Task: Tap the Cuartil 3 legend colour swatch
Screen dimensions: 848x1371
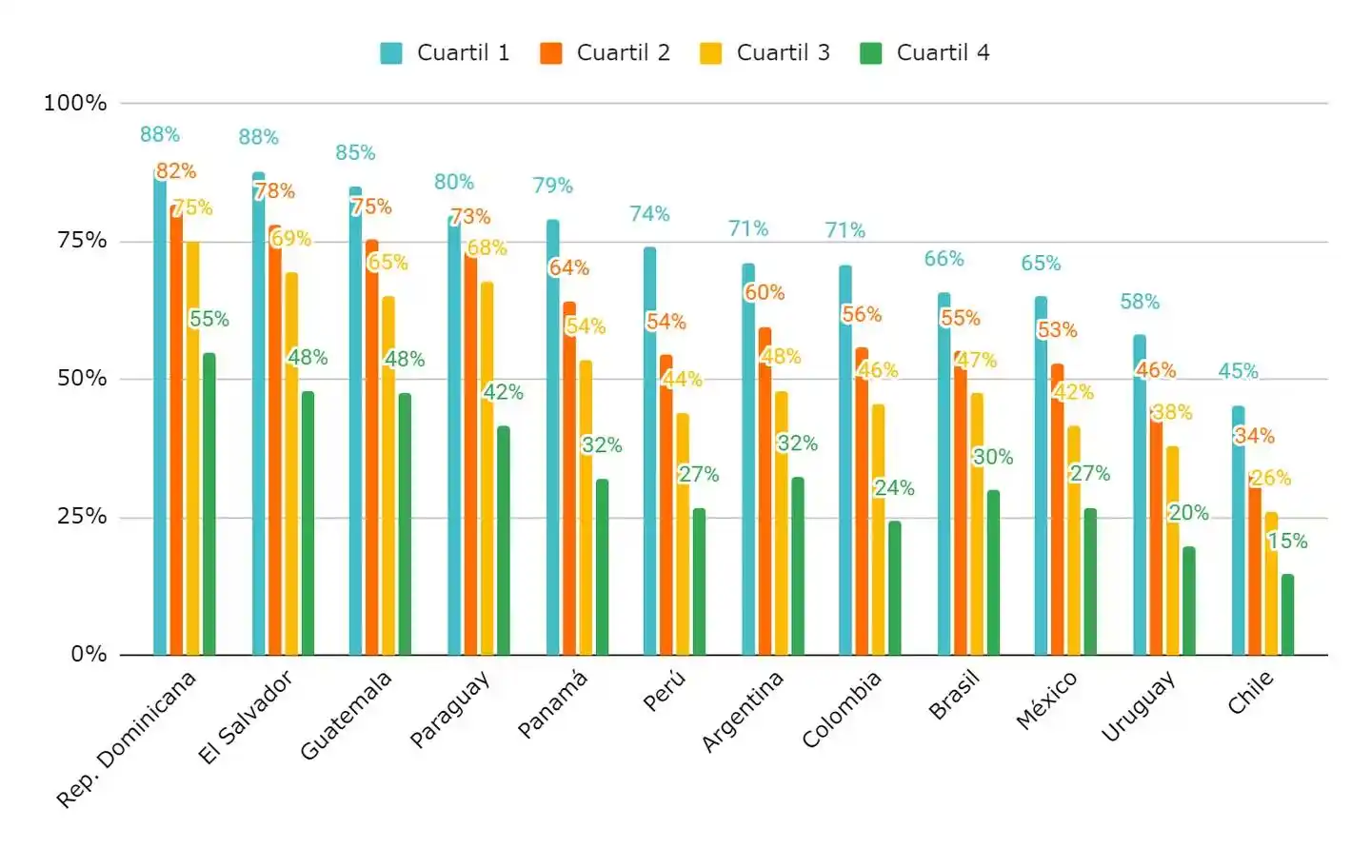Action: coord(710,53)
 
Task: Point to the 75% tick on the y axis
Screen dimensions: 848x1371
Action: coord(82,241)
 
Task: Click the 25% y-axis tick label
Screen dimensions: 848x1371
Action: coord(82,517)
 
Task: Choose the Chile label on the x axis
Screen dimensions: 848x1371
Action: coord(1250,692)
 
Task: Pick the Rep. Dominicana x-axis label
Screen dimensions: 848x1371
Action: coord(127,739)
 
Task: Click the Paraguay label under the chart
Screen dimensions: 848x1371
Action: coord(449,709)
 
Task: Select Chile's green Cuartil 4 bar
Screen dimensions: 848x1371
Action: coord(1287,615)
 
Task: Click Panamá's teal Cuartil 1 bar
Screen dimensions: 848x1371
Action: coord(553,438)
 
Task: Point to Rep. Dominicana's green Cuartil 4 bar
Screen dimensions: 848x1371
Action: coord(209,504)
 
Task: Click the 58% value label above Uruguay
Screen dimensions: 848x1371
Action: coord(1140,302)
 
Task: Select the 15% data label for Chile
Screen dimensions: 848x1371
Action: coord(1287,541)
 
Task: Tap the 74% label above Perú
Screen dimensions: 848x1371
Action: coord(649,214)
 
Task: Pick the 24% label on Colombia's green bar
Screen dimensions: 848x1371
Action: coord(894,488)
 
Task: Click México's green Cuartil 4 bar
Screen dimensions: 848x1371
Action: coord(1090,582)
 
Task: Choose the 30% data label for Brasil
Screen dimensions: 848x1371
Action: coord(992,457)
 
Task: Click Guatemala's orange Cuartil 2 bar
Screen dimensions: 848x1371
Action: coord(372,447)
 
